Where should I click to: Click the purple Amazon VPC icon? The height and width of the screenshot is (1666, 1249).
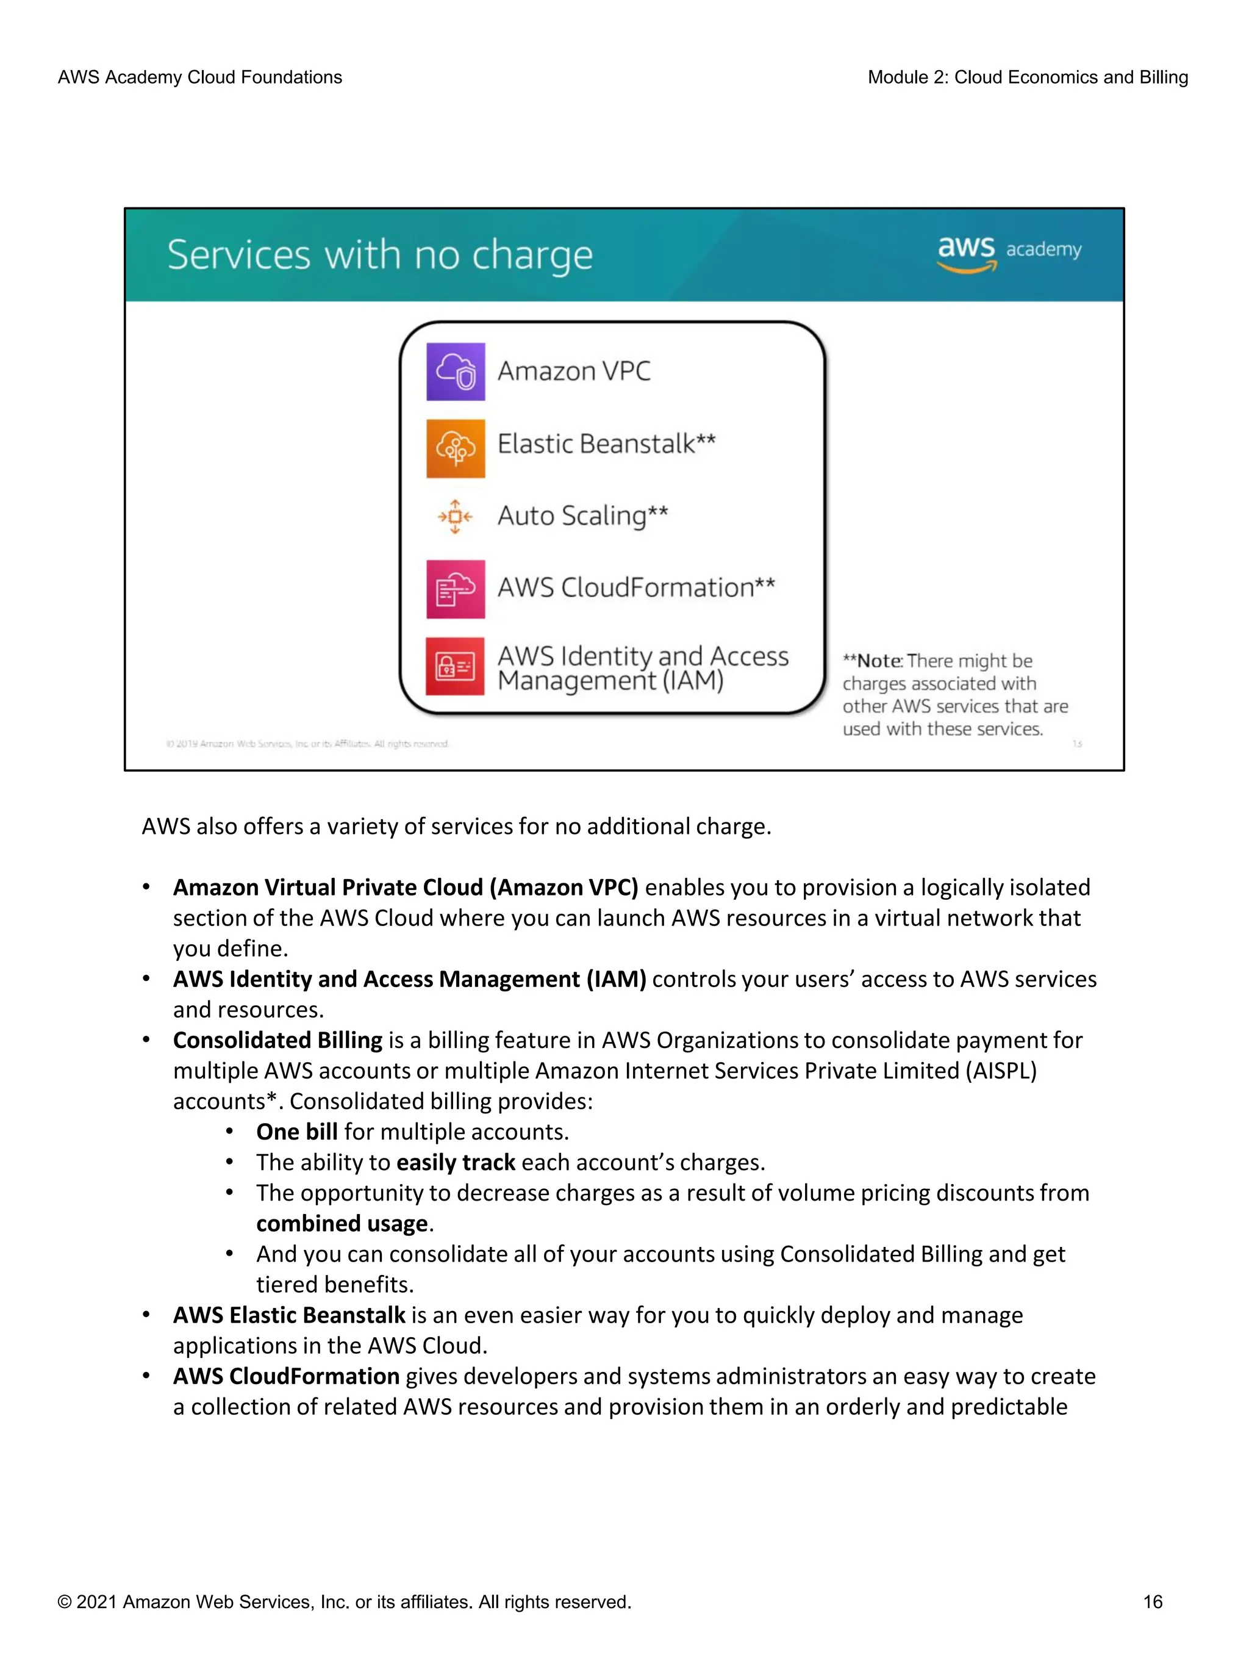tap(456, 372)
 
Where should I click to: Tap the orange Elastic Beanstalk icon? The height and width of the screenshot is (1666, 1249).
tap(456, 448)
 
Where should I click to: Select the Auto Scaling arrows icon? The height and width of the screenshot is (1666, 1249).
tap(456, 517)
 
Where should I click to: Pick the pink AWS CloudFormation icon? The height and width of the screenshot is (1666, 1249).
tap(456, 589)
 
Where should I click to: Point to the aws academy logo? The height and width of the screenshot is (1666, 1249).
tap(1008, 253)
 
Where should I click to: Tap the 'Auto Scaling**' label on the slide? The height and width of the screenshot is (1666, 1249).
tap(582, 516)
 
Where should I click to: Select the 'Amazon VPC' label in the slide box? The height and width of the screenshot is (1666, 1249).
tap(574, 372)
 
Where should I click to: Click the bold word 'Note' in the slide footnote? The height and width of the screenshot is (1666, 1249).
tap(879, 661)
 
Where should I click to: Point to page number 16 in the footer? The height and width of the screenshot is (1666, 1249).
tap(1152, 1601)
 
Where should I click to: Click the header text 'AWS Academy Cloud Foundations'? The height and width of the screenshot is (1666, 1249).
tap(199, 77)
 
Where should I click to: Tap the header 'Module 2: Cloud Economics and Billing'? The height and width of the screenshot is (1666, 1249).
tap(1027, 77)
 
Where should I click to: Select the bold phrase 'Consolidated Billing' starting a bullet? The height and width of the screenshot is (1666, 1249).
tap(278, 1040)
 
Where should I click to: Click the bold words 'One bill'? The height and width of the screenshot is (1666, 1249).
tap(296, 1132)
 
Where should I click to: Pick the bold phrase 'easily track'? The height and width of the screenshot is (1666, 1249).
tap(456, 1163)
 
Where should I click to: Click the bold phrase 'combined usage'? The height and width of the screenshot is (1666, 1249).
tap(342, 1224)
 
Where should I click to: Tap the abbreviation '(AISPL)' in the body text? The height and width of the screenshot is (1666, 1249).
tap(1001, 1071)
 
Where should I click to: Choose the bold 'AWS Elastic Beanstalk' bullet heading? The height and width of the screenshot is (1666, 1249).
tap(289, 1316)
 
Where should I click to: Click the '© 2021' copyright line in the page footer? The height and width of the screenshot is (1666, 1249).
tap(344, 1601)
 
